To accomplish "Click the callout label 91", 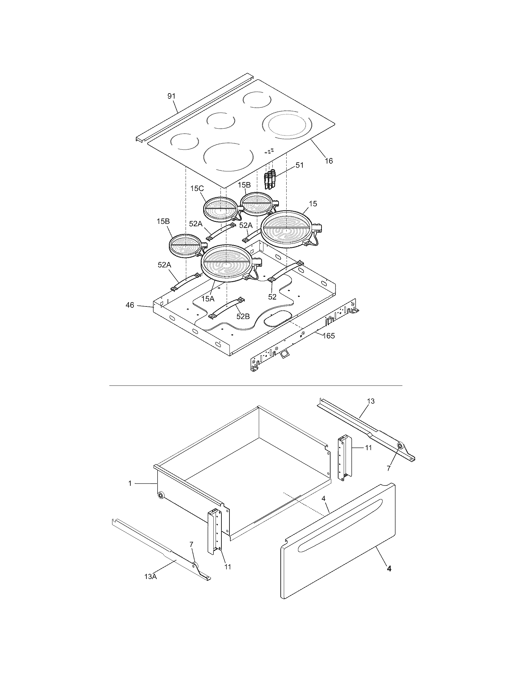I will [171, 96].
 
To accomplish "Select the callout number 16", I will [329, 161].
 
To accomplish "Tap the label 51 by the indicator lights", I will [299, 165].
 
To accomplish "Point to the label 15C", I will [197, 189].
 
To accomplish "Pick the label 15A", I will [208, 299].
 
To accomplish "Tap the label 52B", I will [243, 316].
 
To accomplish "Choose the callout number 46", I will [130, 305].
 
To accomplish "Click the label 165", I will [329, 336].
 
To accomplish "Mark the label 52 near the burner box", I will [272, 297].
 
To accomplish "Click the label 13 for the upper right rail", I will [371, 401].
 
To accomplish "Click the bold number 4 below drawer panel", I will [389, 568].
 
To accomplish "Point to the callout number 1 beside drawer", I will [130, 483].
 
